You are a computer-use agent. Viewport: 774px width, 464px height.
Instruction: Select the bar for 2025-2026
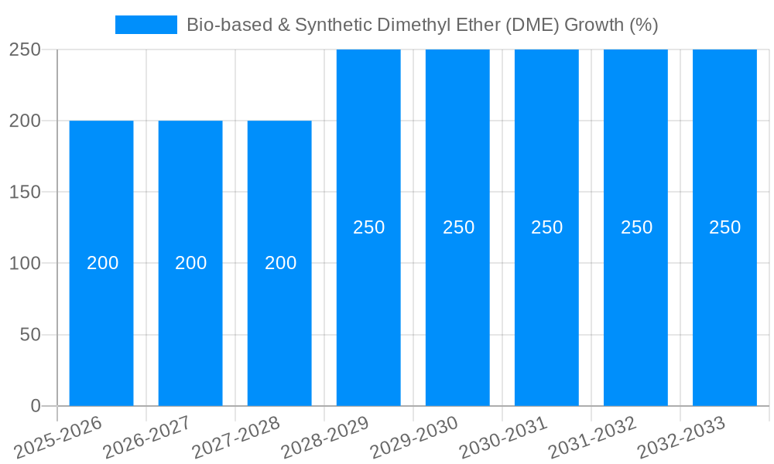[x=101, y=309]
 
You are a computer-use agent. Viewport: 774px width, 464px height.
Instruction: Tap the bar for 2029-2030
[x=457, y=309]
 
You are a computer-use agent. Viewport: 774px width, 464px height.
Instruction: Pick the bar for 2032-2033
[x=724, y=309]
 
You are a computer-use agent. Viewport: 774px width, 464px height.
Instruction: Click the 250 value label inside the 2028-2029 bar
[x=368, y=227]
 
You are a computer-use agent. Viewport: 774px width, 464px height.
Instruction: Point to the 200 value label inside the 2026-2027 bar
[x=190, y=263]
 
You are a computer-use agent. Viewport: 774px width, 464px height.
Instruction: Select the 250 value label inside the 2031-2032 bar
[x=636, y=227]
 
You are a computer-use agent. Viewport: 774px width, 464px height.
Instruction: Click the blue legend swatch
[x=146, y=25]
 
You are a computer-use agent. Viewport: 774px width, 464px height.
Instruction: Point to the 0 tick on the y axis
[x=35, y=406]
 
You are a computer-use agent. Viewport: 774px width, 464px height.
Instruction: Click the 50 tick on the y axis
[x=29, y=335]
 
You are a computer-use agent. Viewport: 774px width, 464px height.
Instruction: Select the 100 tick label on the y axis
[x=25, y=264]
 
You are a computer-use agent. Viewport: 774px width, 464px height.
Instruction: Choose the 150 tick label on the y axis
[x=25, y=192]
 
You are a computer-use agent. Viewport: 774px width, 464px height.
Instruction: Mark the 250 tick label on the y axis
[x=25, y=49]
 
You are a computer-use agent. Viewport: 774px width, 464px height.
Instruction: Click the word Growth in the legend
[x=593, y=25]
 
